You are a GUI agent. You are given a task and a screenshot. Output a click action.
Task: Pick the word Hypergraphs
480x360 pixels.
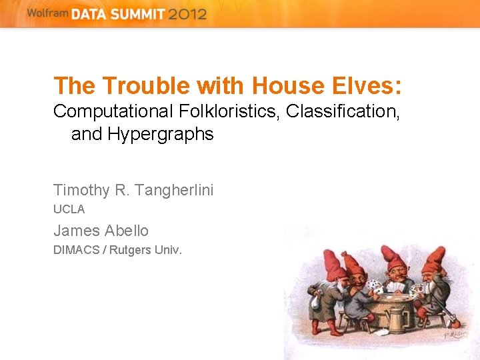click(x=161, y=134)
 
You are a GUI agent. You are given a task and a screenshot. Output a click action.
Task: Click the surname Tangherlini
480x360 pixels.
click(x=173, y=190)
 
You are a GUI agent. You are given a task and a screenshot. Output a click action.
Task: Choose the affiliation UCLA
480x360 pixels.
click(x=69, y=209)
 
